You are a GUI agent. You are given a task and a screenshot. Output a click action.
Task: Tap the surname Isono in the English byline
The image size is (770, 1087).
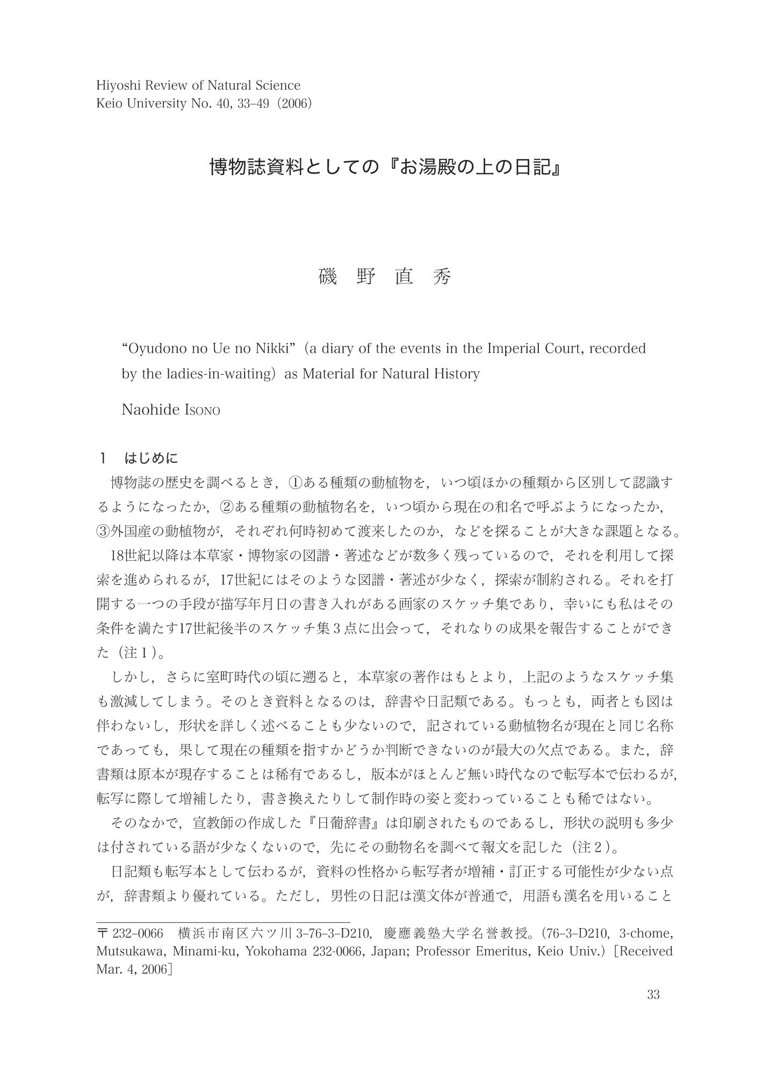coord(202,410)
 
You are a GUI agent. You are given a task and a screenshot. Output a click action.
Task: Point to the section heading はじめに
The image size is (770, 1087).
coord(151,458)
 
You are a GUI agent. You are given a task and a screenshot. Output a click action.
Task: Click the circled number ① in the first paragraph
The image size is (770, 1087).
coord(296,482)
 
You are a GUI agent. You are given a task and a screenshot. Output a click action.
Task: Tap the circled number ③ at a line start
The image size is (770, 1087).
coord(103,531)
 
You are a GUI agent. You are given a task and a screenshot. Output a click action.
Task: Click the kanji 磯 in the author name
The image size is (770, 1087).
coord(328,277)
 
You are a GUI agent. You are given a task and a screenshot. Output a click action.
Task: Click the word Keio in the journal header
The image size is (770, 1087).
coord(110,103)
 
